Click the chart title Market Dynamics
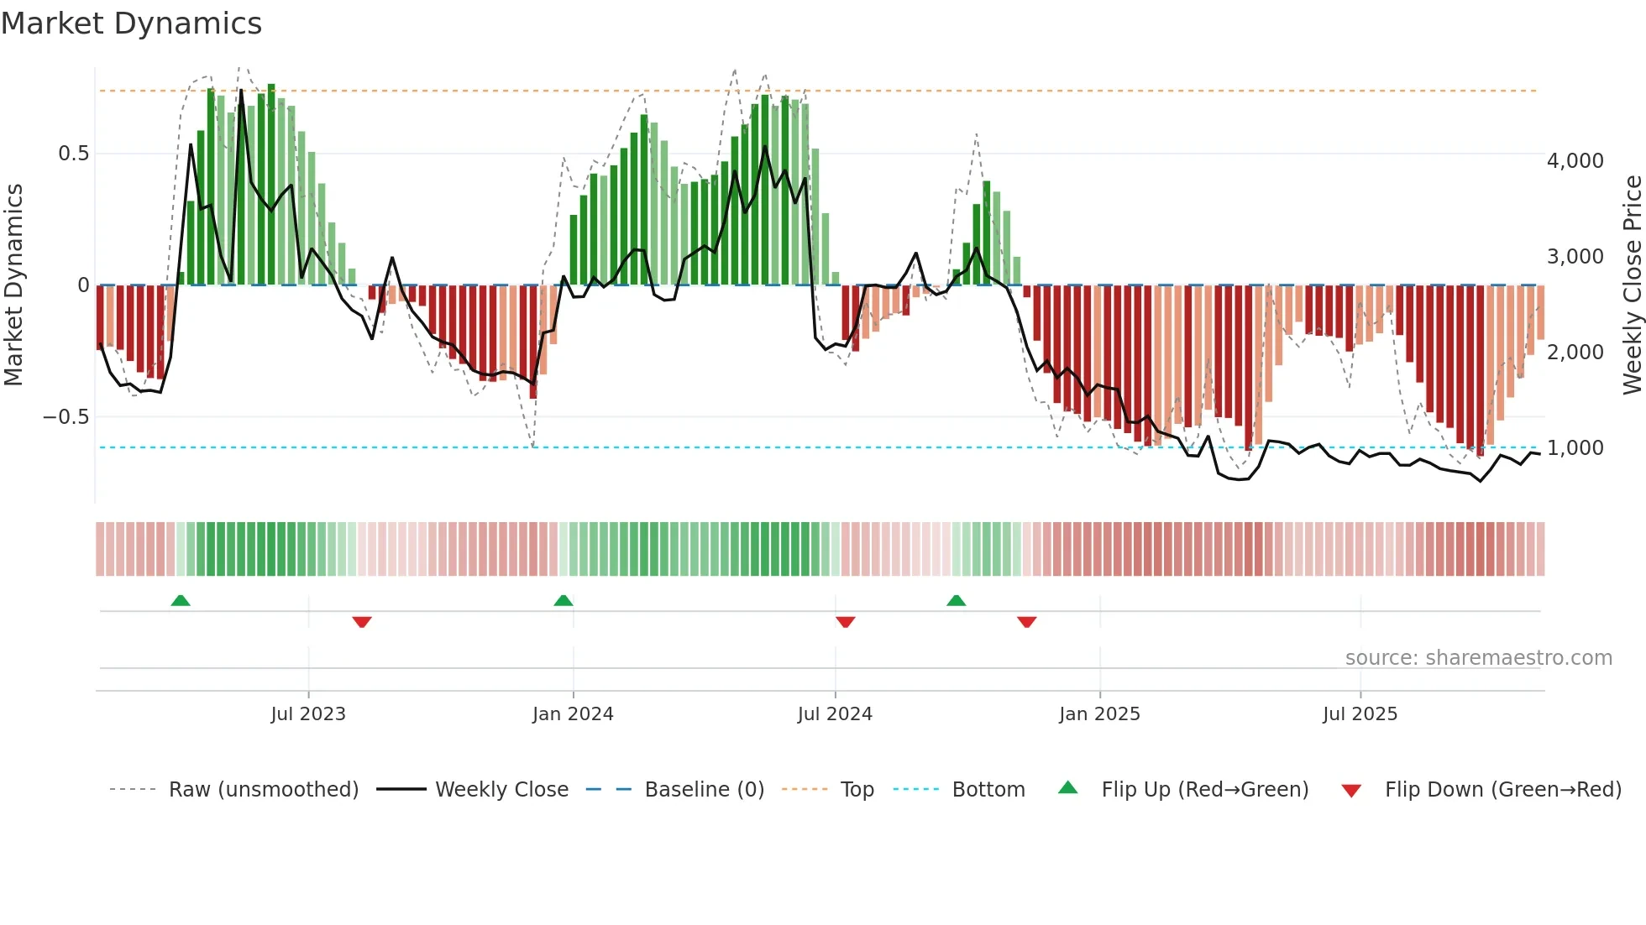132,24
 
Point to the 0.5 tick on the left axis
73,154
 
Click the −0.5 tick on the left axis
66,417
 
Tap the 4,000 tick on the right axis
1575,160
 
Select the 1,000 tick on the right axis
1575,448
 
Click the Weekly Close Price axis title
1632,285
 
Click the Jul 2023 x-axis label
308,714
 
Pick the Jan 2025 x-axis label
1099,714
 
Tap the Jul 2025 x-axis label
1360,714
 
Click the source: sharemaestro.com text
1478,658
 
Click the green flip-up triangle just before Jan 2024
564,601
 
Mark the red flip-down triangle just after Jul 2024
846,622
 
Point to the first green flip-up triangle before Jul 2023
181,601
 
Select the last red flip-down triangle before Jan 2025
1026,622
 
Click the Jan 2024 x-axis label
573,714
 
